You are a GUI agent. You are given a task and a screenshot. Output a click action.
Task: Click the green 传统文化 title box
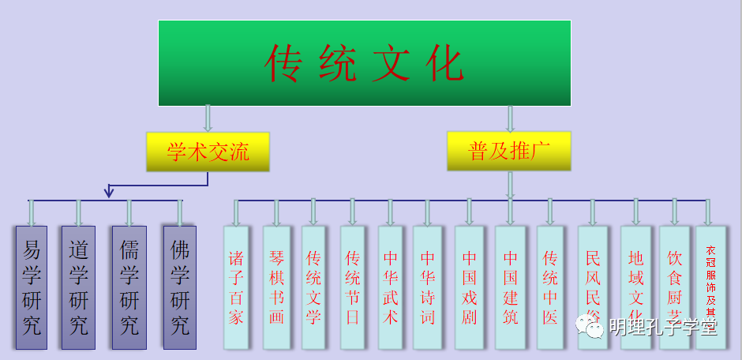point(364,63)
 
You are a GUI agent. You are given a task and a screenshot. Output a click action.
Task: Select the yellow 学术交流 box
point(208,152)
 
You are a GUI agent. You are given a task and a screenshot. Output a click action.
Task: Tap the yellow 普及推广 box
point(508,152)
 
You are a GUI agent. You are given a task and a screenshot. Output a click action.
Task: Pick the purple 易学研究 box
point(32,288)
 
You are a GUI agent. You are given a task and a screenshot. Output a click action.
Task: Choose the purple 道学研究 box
point(78,288)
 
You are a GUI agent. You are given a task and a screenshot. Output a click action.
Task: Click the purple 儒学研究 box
point(129,288)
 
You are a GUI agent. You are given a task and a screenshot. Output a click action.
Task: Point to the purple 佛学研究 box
point(180,288)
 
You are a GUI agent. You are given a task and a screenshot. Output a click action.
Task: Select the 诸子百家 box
point(237,288)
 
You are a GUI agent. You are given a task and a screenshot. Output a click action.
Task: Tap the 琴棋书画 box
point(276,288)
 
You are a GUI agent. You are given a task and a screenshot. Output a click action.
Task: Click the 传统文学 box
point(313,288)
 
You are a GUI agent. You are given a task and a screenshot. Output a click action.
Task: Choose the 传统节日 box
point(353,288)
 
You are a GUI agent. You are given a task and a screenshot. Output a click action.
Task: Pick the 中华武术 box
point(391,288)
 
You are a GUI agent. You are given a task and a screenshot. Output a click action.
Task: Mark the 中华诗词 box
point(428,288)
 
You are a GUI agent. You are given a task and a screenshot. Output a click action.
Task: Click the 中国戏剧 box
point(470,288)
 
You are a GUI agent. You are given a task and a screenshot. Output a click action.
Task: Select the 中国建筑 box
point(510,288)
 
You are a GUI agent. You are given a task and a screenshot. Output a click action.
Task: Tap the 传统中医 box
point(550,288)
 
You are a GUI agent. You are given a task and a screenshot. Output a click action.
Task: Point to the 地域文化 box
point(636,288)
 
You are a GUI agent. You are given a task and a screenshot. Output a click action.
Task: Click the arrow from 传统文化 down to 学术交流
point(208,118)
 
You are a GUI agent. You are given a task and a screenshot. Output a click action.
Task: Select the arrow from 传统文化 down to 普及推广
point(510,118)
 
